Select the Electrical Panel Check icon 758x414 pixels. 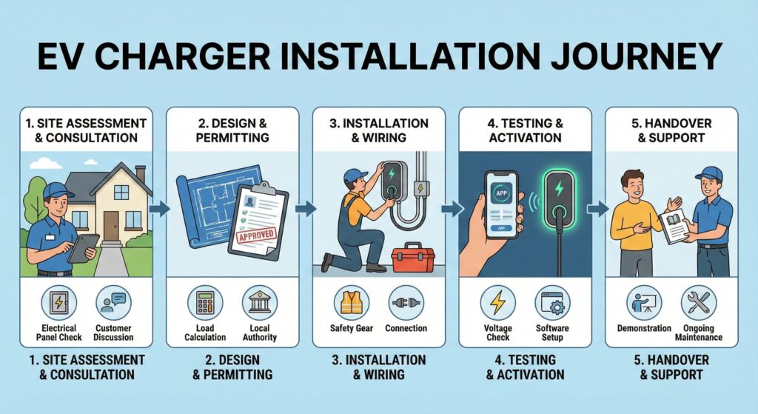(x=58, y=304)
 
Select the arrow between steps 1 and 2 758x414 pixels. (x=158, y=210)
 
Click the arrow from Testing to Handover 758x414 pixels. (x=596, y=210)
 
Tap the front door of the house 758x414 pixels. (x=111, y=224)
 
